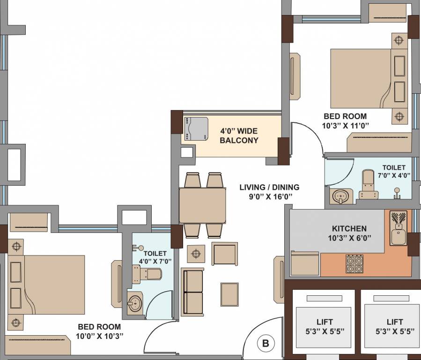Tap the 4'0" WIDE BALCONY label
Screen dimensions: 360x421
pyautogui.click(x=239, y=135)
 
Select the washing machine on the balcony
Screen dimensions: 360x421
pyautogui.click(x=196, y=128)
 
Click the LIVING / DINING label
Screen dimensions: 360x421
pyautogui.click(x=269, y=192)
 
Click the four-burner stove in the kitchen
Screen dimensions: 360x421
pyautogui.click(x=355, y=264)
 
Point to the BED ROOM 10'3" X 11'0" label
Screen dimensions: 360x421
pyautogui.click(x=345, y=120)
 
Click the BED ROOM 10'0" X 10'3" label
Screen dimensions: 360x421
pyautogui.click(x=99, y=331)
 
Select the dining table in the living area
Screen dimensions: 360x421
pyautogui.click(x=202, y=205)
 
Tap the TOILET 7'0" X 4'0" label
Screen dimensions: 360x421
pyautogui.click(x=393, y=172)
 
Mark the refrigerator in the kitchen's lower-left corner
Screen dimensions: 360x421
pyautogui.click(x=305, y=263)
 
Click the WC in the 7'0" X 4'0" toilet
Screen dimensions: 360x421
pyautogui.click(x=368, y=186)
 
